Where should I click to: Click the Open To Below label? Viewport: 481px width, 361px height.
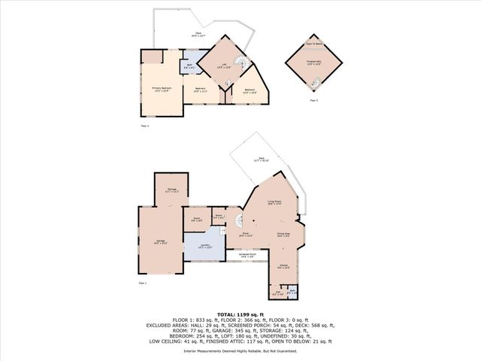314,44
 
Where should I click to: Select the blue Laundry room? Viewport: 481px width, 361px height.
204,246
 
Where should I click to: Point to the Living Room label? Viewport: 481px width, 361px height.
274,203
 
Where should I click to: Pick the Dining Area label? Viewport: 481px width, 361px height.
283,235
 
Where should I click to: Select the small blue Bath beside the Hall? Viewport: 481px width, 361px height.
292,291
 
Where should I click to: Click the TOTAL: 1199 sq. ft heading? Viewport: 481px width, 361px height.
240,314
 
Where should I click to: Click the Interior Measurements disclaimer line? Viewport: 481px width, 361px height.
240,351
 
